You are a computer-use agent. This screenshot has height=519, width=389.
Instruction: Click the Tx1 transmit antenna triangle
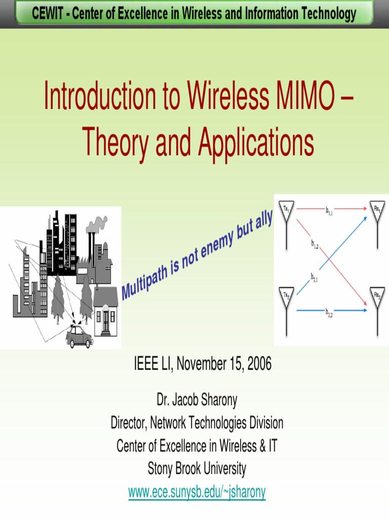click(287, 210)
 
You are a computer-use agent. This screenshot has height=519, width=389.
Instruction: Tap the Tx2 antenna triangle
click(287, 296)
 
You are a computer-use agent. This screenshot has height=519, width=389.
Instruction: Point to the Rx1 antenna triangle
click(377, 210)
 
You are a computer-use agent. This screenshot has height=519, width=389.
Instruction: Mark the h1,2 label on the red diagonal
click(315, 244)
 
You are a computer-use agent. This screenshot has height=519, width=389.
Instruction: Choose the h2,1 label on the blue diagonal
click(315, 277)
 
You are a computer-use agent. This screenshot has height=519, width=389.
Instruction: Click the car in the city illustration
click(80, 337)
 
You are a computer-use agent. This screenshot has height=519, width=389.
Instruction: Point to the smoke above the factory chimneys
click(98, 224)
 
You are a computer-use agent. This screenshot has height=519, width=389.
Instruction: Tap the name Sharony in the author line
click(217, 400)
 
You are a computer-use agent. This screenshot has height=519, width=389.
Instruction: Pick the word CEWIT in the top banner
click(49, 14)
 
